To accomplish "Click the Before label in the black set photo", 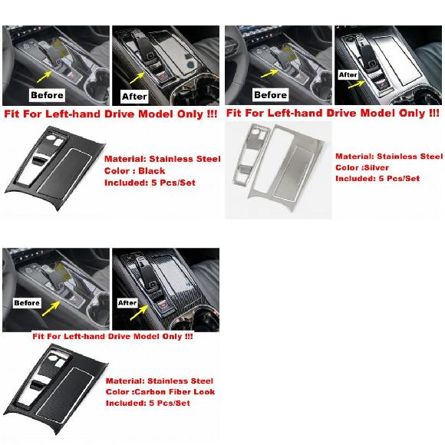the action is click(x=47, y=95).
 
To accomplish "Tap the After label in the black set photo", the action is click(x=134, y=97).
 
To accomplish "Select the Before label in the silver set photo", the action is click(x=270, y=94).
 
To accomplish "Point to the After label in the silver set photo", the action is click(x=348, y=75).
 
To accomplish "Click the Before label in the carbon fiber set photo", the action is click(x=27, y=303).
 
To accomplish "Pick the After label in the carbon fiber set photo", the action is click(x=127, y=303).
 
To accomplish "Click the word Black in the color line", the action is click(x=152, y=171).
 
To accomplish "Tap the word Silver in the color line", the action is click(x=376, y=167).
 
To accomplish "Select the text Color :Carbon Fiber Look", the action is click(x=160, y=392).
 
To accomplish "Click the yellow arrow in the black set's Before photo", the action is click(x=44, y=77).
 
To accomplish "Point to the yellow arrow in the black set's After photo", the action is click(x=137, y=77).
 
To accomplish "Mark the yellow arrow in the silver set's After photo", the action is click(x=357, y=84).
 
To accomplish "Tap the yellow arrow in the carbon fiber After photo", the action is click(x=139, y=312).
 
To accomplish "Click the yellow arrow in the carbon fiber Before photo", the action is click(x=51, y=308).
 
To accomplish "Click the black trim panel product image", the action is click(x=55, y=168).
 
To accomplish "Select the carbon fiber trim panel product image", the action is click(x=56, y=391).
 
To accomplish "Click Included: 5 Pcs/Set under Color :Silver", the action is click(x=377, y=179).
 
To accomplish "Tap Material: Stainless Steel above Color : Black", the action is click(x=163, y=159).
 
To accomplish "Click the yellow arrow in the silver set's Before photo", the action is click(x=269, y=73).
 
